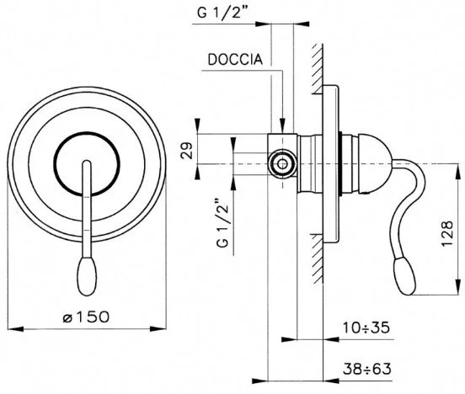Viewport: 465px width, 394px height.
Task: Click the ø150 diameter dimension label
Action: (x=86, y=317)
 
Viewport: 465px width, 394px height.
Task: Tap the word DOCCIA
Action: (x=235, y=60)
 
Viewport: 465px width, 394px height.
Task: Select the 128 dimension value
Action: (x=447, y=233)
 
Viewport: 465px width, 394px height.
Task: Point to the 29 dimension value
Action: (x=187, y=151)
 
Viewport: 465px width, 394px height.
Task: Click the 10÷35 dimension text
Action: (x=366, y=327)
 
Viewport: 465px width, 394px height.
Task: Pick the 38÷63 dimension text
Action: (x=367, y=369)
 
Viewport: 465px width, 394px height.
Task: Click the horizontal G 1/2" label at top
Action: (x=222, y=13)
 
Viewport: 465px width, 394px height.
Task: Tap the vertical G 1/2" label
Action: (x=223, y=222)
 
